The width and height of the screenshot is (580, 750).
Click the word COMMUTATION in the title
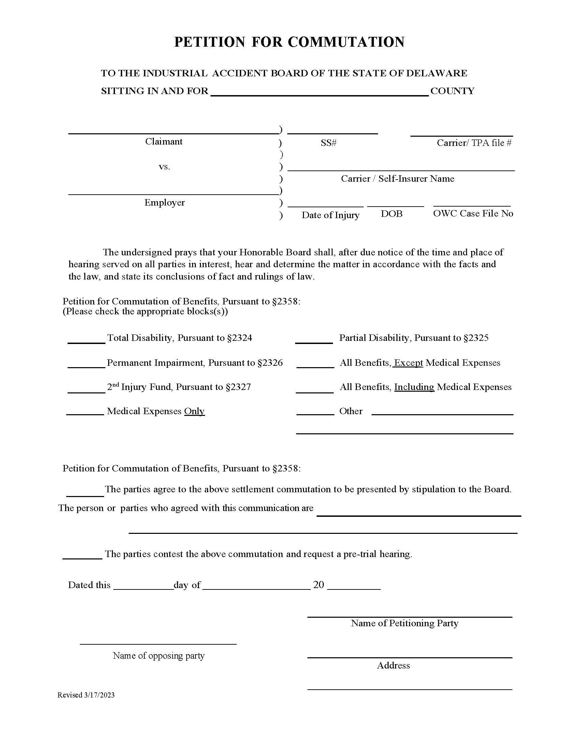point(346,42)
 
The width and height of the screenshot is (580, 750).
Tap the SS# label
point(329,143)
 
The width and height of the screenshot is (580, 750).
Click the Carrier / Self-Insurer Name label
point(397,179)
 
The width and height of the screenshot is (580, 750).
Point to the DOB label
point(391,214)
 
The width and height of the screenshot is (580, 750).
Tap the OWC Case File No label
point(473,213)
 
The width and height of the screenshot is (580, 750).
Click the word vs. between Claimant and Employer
point(164,167)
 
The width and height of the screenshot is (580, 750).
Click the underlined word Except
point(408,363)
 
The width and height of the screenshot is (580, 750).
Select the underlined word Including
point(414,387)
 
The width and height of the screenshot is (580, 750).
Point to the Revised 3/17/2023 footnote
point(86,695)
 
